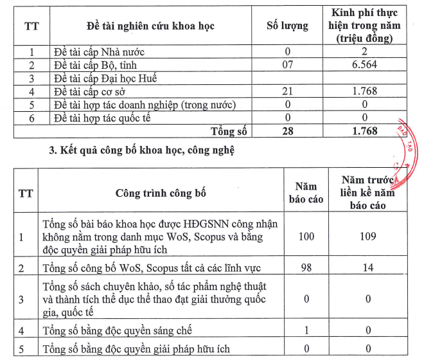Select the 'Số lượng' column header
tap(287, 26)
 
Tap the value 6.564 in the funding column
tap(364, 65)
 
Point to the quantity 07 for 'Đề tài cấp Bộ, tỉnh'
tap(287, 65)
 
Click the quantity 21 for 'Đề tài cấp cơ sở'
tap(287, 91)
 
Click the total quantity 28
tap(287, 131)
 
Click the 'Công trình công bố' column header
tap(161, 193)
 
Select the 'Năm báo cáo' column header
tap(306, 193)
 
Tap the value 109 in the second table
tap(367, 237)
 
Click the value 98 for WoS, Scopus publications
tap(306, 266)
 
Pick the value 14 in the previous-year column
tap(367, 266)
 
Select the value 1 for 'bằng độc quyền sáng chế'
tap(306, 330)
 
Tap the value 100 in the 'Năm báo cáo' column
tap(306, 237)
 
